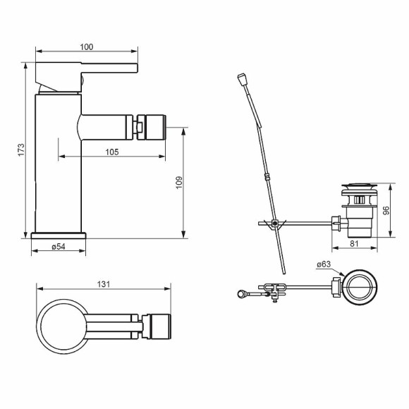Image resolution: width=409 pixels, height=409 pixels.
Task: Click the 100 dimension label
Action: click(87, 47)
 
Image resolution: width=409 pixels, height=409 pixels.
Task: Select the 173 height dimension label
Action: click(22, 149)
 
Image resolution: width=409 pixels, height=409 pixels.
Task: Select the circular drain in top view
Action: click(360, 286)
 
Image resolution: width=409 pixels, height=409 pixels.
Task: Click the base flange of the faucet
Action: click(59, 233)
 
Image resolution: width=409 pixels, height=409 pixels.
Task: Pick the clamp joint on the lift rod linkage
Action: click(273, 225)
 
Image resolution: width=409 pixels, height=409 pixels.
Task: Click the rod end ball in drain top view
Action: click(243, 293)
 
